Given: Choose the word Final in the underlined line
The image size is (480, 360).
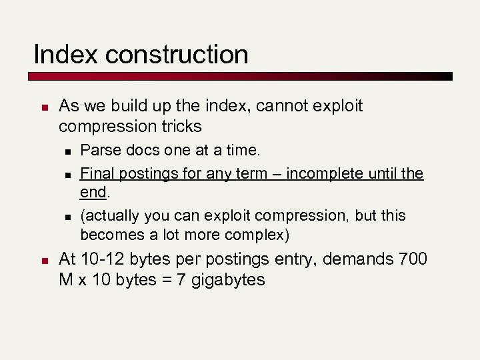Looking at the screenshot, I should pos(96,174).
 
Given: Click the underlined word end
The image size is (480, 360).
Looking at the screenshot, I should pos(93,193).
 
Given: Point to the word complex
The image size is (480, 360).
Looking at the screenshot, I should pos(256,235).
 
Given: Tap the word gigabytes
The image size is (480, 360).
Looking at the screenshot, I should pos(228,280).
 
